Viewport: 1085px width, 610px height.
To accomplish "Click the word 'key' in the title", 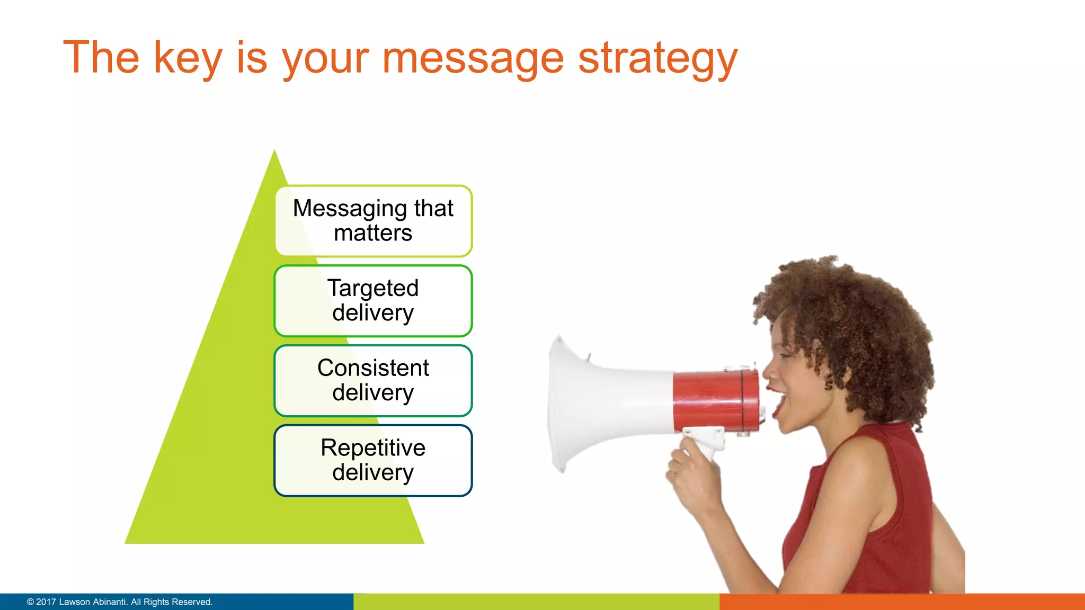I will coord(188,59).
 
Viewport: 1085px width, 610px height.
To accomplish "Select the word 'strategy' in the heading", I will coord(657,59).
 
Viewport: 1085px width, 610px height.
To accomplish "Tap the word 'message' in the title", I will coord(473,59).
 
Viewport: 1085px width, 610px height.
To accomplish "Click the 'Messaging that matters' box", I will coord(373,221).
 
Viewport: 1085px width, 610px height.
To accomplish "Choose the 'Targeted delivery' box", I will coord(373,301).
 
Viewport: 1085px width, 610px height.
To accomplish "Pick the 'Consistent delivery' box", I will coord(373,381).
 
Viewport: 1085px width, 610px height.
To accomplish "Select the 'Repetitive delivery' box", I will coord(373,461).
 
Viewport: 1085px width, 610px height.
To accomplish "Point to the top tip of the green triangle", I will coord(274,152).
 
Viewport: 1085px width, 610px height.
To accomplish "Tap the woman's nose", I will coord(767,371).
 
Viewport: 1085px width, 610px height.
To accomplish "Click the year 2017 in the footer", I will coord(46,602).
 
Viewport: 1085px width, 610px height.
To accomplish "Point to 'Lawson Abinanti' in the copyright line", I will coord(93,602).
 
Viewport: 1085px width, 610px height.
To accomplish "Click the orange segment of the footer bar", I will coord(901,602).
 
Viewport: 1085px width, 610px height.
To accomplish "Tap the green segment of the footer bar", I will coord(535,602).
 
